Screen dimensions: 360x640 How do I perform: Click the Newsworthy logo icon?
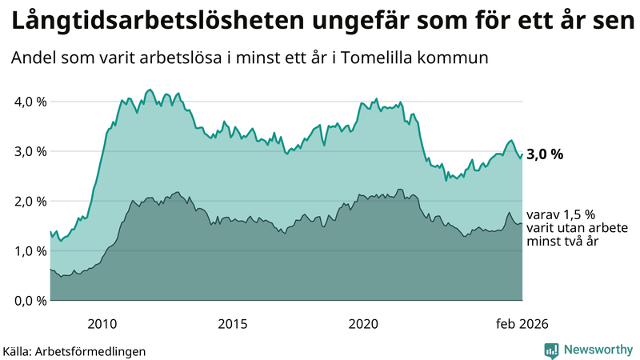[551, 349]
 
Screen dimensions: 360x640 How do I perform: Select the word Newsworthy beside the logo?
[597, 349]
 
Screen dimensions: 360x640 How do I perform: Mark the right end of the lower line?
[522, 224]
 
